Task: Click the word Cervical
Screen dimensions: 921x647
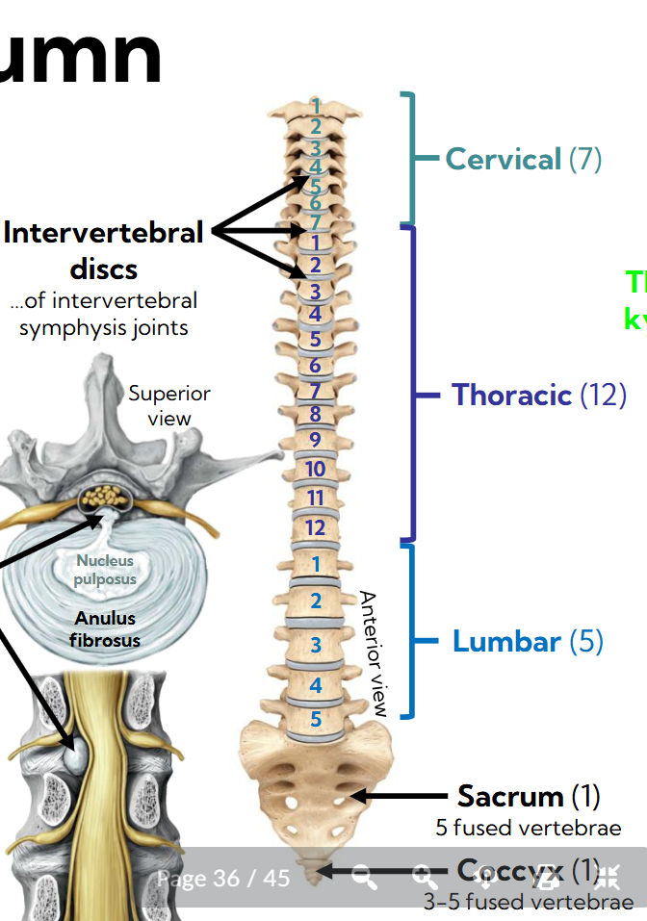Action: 503,159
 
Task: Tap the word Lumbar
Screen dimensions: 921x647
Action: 506,642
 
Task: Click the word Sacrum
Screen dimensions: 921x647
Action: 510,796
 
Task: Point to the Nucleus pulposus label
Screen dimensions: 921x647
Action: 106,570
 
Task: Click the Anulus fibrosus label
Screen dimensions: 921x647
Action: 106,629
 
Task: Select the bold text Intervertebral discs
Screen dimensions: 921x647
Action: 104,249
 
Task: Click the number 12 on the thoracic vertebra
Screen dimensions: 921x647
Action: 315,527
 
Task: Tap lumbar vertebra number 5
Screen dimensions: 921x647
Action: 316,718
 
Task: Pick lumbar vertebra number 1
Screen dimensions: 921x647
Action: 316,565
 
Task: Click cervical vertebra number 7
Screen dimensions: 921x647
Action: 315,223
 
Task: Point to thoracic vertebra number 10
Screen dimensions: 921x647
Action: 315,469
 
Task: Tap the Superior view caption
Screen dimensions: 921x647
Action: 169,405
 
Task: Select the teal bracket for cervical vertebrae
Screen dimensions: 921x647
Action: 411,159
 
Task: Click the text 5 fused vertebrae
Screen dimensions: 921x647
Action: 528,828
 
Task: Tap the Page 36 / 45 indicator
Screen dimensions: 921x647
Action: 223,878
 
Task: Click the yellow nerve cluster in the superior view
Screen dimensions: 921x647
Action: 107,497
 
